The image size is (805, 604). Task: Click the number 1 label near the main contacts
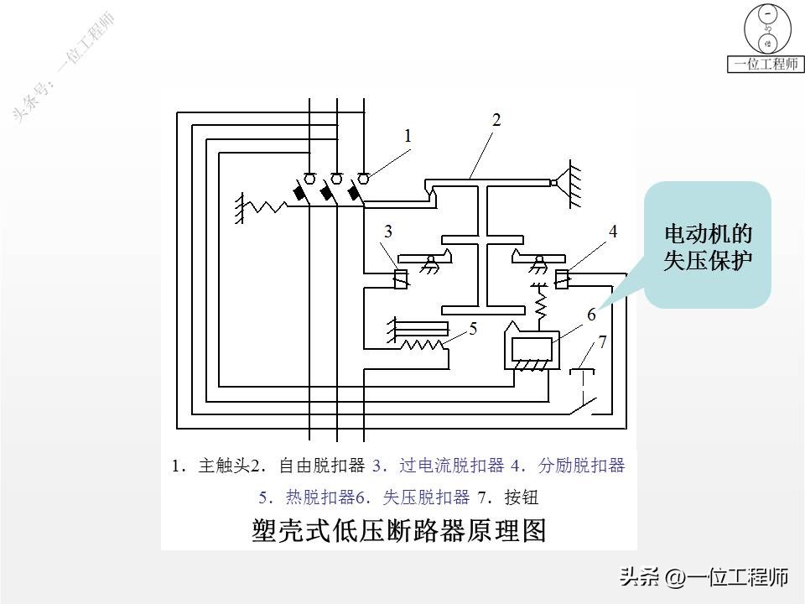pos(408,135)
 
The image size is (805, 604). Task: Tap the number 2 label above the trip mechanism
pos(496,120)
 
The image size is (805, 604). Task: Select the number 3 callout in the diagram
pos(387,231)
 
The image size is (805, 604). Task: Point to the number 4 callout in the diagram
pos(612,231)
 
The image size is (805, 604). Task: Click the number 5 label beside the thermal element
pos(473,329)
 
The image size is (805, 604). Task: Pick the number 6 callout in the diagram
pos(591,315)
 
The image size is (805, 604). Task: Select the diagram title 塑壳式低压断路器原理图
pos(399,531)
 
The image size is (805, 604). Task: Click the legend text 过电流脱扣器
pos(452,466)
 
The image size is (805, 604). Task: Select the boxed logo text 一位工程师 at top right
pos(766,64)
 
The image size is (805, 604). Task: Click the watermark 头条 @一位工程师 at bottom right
pos(704,577)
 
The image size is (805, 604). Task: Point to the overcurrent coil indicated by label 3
pos(402,279)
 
